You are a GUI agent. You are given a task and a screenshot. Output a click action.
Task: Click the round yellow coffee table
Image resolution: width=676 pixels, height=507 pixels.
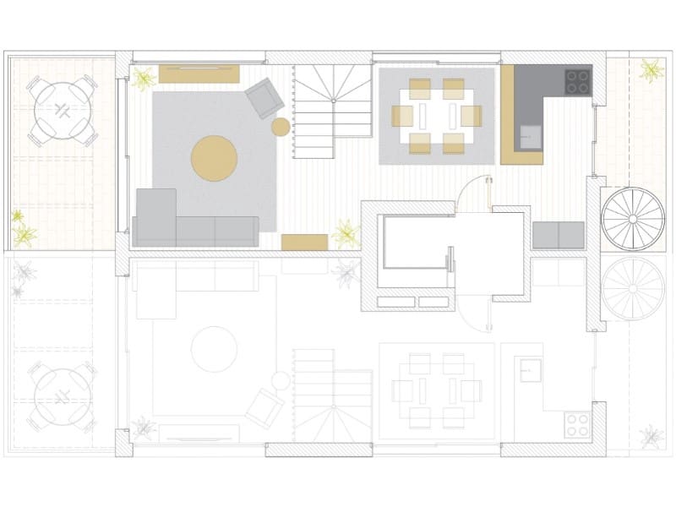(215, 158)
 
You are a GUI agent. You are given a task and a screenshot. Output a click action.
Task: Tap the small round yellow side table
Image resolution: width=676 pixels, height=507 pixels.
(281, 128)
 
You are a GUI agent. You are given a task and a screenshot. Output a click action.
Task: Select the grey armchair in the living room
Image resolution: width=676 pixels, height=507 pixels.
(264, 98)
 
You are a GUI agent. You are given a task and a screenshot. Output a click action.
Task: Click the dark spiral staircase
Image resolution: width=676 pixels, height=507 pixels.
(632, 218)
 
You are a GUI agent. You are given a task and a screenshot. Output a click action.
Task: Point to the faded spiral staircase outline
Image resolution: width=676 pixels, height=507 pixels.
(632, 287)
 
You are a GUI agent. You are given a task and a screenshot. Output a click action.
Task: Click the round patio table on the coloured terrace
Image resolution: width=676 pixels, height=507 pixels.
(62, 110)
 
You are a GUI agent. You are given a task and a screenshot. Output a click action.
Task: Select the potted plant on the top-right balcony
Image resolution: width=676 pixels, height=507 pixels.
(651, 69)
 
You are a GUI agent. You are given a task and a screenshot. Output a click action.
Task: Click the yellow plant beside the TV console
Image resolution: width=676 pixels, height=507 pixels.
(144, 79)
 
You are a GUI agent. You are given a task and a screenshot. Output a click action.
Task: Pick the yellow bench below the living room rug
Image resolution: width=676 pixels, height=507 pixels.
(304, 243)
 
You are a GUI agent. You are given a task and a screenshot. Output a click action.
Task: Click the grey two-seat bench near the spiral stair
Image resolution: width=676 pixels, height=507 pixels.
(559, 235)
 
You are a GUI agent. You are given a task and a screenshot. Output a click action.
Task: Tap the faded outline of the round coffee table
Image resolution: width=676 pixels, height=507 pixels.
(214, 349)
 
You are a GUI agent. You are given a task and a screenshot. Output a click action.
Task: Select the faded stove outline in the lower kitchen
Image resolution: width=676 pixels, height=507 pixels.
(578, 423)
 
